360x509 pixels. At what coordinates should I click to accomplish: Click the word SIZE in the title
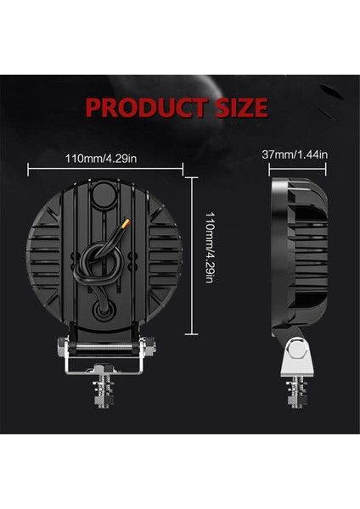click(x=238, y=109)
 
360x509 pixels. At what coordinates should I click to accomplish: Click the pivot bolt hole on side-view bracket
click(x=295, y=349)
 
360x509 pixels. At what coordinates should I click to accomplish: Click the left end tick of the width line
click(x=28, y=169)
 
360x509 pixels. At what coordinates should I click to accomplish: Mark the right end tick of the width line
click(x=175, y=169)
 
